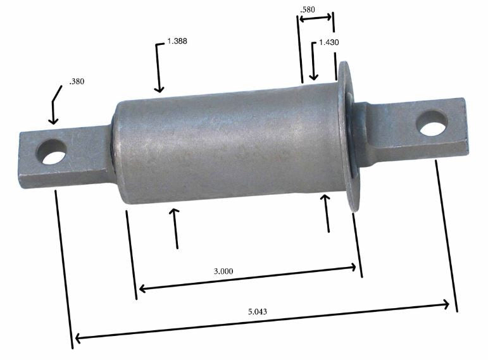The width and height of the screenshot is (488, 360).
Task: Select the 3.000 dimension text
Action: (223, 271)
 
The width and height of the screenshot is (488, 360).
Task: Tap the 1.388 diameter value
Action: (177, 41)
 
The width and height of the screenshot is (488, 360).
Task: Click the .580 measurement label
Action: (308, 9)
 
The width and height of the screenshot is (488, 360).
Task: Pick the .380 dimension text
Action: (76, 81)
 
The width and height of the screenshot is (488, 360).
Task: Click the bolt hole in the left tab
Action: (51, 152)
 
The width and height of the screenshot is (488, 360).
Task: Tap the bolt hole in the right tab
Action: (433, 122)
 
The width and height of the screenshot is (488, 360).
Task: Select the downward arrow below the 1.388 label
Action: (159, 87)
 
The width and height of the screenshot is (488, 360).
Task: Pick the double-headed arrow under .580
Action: (315, 18)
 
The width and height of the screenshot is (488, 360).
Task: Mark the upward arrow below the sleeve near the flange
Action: (326, 201)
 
